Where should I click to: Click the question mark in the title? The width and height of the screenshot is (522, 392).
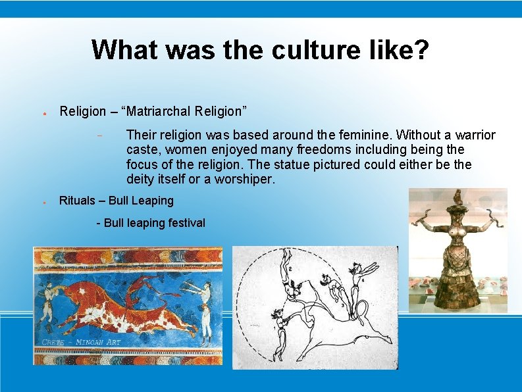click(421, 49)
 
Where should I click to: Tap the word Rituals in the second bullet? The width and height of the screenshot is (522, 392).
click(77, 201)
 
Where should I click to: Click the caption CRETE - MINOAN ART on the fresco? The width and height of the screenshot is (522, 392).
click(80, 342)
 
